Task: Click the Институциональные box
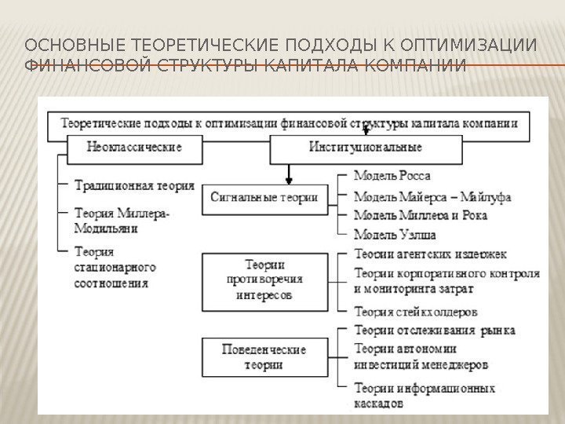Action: coord(364,147)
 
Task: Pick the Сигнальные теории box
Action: coord(264,197)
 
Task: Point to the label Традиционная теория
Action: coord(133,186)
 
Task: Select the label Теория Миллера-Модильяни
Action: coord(122,221)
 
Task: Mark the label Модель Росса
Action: coord(392,177)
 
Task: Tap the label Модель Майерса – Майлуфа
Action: coord(432,197)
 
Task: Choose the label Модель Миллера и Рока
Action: coord(421,215)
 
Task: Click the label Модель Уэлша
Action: coord(395,234)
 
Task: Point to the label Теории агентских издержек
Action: coord(430,254)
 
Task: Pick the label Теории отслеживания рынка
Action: coord(435,331)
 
